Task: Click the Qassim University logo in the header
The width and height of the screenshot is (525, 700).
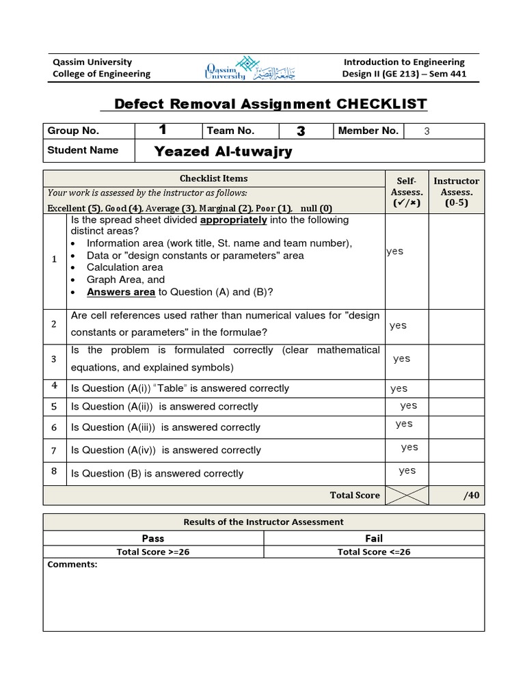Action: (x=233, y=68)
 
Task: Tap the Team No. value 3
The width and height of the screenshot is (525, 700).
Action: (x=301, y=131)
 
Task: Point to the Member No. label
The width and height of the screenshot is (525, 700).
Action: (x=368, y=131)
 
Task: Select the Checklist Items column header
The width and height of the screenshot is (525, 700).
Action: (x=214, y=178)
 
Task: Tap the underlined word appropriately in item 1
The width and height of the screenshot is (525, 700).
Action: (x=233, y=220)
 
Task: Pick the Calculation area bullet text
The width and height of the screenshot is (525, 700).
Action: (x=125, y=267)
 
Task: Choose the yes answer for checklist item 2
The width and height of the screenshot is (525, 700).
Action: (x=398, y=325)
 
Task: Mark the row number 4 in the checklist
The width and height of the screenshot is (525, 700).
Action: (x=54, y=386)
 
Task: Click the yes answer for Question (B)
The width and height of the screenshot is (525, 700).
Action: (x=407, y=470)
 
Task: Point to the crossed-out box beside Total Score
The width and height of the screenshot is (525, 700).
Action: (x=407, y=495)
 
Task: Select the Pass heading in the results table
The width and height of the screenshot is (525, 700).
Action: (x=153, y=539)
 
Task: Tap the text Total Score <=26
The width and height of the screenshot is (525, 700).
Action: (x=374, y=552)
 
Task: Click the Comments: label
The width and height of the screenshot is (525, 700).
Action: (x=72, y=565)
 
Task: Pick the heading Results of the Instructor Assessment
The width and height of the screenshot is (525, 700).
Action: (x=264, y=522)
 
